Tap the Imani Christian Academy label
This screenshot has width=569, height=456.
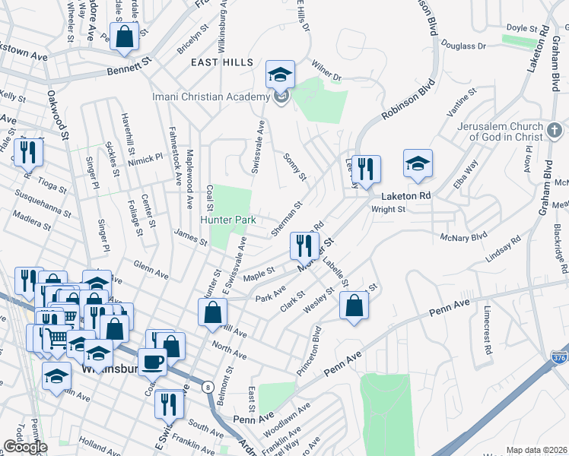211,97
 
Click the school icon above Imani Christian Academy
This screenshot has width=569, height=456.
280,75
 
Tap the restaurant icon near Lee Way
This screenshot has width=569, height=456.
366,169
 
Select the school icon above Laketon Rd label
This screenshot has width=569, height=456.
418,163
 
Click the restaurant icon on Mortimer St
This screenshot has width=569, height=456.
301,245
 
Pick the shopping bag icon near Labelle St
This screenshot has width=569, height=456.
354,306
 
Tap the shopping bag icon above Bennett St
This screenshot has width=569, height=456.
124,35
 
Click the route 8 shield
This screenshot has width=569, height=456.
207,387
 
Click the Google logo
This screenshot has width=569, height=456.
24,448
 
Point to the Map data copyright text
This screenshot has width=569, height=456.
536,450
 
